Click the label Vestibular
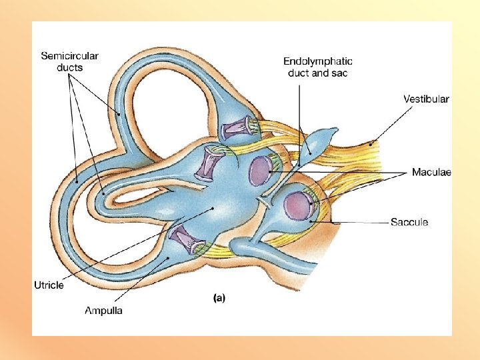coord(426,99)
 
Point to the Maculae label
coord(431,173)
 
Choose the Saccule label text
coord(409,222)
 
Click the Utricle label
coord(49,285)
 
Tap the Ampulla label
coord(103,310)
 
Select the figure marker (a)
coord(218,299)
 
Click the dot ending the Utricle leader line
coord(213,209)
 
